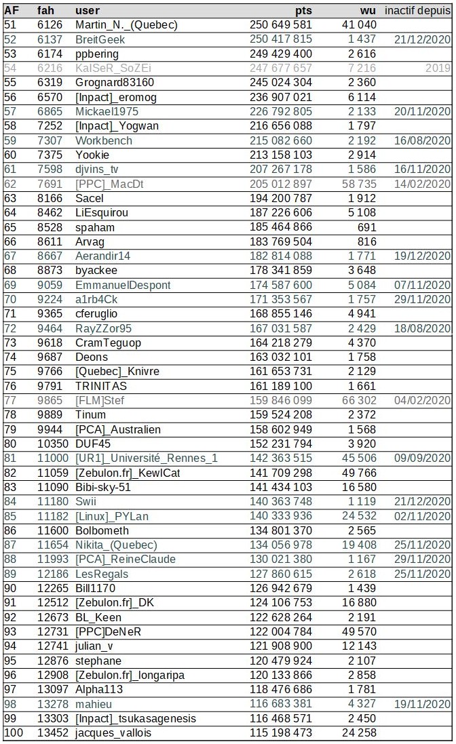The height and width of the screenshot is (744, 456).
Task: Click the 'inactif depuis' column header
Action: (x=417, y=11)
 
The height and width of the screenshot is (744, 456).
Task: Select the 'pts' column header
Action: (x=303, y=11)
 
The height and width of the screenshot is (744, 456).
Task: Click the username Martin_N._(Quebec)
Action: (x=126, y=25)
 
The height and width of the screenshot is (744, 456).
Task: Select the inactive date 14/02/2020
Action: (x=422, y=184)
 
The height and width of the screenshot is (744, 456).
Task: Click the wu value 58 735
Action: (x=358, y=184)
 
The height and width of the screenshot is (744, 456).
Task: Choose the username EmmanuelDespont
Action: (x=123, y=285)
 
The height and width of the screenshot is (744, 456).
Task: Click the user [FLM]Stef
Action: (x=100, y=400)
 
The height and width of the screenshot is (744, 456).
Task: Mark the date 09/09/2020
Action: (x=422, y=458)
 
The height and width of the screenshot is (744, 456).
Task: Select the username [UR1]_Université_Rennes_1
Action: (x=147, y=458)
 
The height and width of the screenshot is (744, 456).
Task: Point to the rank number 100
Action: (x=13, y=732)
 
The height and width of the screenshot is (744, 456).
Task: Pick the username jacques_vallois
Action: (x=113, y=732)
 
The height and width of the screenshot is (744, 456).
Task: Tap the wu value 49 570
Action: (x=358, y=631)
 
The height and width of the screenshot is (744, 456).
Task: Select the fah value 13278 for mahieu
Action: (x=52, y=704)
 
